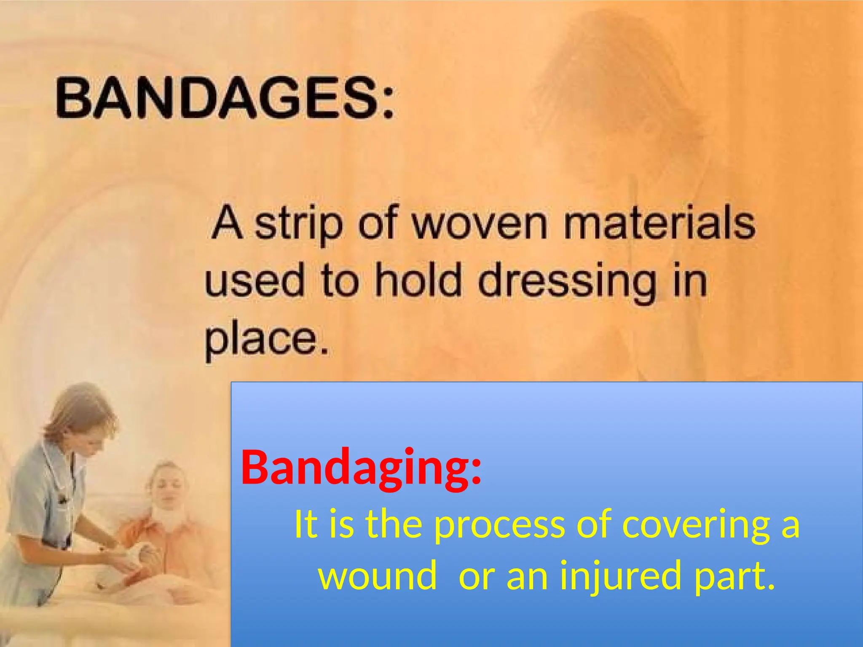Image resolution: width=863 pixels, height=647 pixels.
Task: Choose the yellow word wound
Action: (x=377, y=576)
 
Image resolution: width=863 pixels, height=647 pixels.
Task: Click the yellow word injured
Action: (x=619, y=576)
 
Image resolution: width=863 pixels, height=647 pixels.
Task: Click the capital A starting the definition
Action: (x=228, y=223)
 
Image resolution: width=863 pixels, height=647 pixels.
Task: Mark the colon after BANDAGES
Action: (x=388, y=99)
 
